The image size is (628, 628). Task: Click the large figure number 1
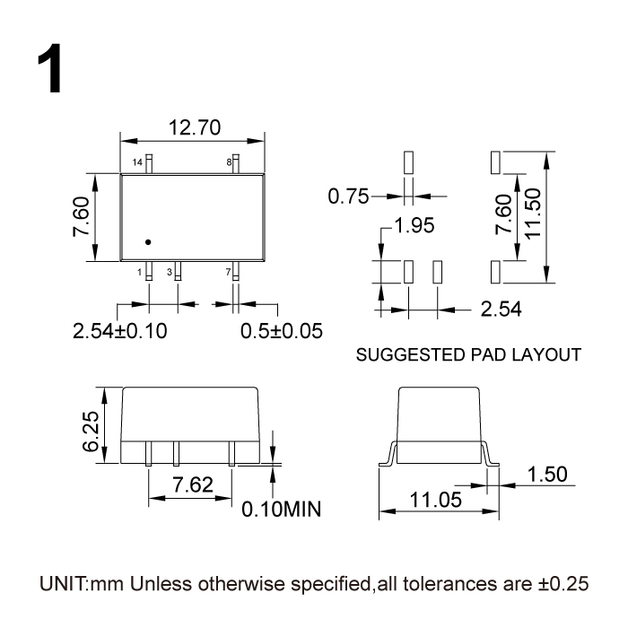(x=49, y=73)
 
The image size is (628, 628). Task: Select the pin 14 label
(x=137, y=162)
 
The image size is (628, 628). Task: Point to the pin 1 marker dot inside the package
(x=149, y=240)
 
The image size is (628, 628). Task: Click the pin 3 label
(x=169, y=271)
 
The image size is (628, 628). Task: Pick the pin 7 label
(x=228, y=271)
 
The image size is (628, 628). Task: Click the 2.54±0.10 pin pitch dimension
(x=119, y=330)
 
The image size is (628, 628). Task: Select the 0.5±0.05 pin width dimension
(x=281, y=330)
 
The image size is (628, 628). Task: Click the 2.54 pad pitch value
(x=502, y=310)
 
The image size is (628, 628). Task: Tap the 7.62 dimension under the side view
(x=193, y=485)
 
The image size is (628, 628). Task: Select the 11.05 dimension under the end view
(x=433, y=501)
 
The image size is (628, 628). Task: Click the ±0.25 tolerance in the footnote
(x=563, y=583)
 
